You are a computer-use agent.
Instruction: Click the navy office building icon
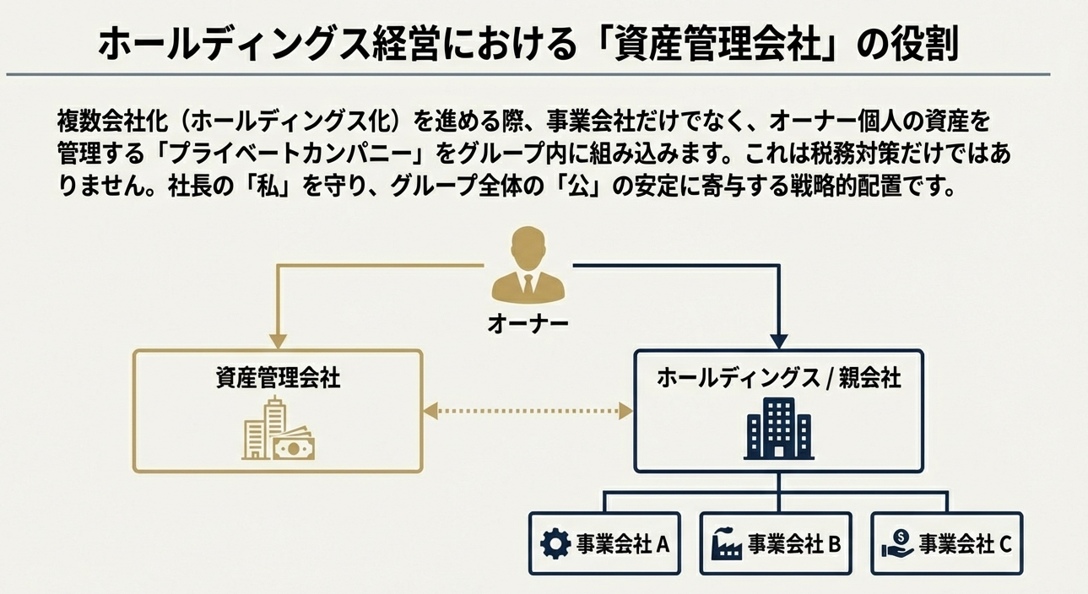coord(778,429)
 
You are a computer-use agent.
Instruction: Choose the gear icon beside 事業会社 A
coord(555,544)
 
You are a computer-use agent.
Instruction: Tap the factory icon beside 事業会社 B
coord(726,544)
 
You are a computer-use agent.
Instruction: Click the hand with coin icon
coord(896,543)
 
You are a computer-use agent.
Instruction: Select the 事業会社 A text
coord(623,544)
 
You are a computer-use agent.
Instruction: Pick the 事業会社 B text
coord(794,544)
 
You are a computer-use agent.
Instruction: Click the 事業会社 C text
coord(965,544)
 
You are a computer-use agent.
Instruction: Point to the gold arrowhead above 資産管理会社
coord(278,341)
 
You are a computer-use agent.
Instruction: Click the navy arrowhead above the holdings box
coord(778,341)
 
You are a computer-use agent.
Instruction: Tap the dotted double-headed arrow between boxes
coord(528,412)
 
